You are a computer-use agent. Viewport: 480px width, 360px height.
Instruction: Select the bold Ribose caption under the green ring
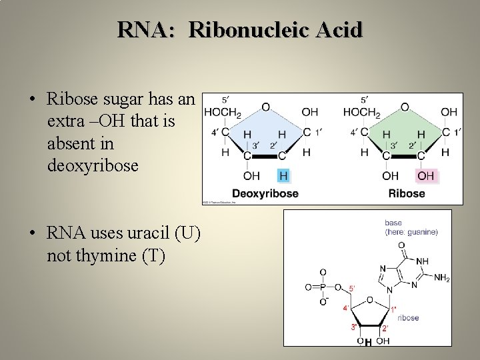pos(406,194)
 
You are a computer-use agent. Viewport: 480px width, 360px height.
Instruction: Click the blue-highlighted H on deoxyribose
pos(283,176)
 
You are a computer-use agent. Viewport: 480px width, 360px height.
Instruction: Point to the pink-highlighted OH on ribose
pos(425,176)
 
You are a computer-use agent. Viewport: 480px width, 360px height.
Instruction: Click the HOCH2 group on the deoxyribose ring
pos(222,112)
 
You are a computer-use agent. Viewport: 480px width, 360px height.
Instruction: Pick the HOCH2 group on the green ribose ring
pos(361,112)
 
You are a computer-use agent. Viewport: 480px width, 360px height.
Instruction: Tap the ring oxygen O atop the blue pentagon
pos(265,107)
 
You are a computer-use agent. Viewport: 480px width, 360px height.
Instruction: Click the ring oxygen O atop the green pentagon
pos(405,107)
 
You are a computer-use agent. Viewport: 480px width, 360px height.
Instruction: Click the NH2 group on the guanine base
pos(441,279)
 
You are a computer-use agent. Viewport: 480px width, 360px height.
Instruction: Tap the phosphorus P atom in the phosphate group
pos(323,288)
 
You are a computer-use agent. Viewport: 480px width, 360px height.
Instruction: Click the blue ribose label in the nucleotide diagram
pos(408,318)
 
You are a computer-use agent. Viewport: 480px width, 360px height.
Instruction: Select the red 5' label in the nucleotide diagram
pos(352,288)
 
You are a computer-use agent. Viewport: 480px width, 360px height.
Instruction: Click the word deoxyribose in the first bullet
pos(93,165)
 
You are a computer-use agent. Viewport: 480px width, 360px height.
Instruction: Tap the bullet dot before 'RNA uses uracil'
pos(32,233)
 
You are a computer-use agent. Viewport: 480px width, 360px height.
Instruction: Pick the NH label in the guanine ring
pos(422,261)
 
